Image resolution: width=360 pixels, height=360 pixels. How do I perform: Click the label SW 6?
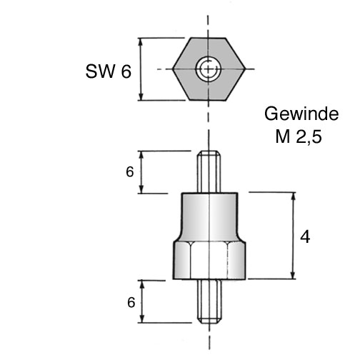pos(109,71)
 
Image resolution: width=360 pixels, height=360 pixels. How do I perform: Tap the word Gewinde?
pos(301,114)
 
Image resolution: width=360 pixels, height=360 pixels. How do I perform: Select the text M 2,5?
pos(299,136)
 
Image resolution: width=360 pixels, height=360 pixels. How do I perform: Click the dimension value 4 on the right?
pos(305,237)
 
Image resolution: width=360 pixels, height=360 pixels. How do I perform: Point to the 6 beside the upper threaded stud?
pos(130,172)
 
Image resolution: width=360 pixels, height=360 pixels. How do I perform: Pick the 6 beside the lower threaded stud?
pos(131,302)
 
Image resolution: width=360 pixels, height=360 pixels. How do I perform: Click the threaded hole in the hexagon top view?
pos(209,69)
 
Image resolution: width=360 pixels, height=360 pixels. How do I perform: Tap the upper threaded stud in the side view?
pos(209,172)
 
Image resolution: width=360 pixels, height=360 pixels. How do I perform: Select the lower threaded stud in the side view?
pos(209,301)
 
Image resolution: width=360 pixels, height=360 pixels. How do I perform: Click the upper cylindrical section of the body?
pos(209,216)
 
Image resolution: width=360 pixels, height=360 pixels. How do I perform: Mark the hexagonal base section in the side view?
pos(209,260)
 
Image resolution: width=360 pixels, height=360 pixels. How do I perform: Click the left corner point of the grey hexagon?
pos(173,69)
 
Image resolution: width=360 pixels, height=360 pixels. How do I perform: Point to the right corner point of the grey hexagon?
pos(245,69)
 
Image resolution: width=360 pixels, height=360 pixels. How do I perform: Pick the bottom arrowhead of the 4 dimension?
pos(294,275)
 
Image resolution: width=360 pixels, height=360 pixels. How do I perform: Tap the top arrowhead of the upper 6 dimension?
pos(141,155)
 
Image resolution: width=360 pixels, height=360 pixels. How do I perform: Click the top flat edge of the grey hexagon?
pos(208,38)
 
